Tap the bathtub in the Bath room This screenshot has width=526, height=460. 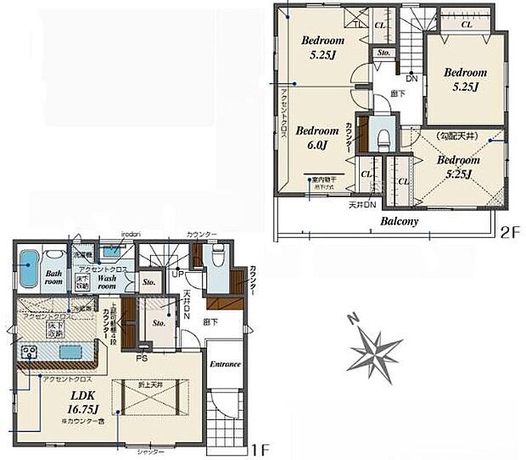29,270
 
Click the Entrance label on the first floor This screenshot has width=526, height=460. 225,364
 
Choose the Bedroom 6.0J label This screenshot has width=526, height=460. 318,137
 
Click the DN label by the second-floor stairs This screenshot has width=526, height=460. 411,79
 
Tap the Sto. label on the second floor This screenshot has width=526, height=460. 383,53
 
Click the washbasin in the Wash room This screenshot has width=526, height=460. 110,251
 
